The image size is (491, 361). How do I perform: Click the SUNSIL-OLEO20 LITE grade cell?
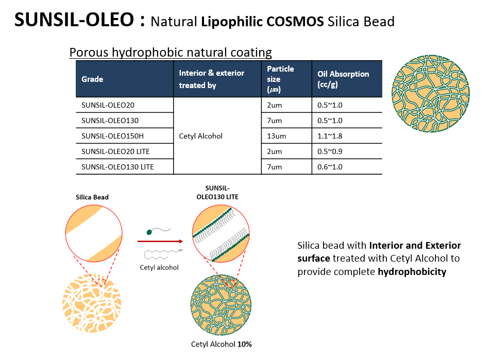[115, 151]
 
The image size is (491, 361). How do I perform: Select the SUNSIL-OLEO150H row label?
[112, 136]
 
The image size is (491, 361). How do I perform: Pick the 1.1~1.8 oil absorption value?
[330, 136]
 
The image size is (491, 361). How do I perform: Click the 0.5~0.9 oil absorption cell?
[330, 151]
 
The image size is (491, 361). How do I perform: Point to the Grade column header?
[92, 79]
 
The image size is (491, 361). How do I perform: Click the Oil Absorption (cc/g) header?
[343, 79]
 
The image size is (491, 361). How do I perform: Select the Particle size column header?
[280, 79]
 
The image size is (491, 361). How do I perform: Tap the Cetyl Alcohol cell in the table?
[201, 136]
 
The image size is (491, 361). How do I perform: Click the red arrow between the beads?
[160, 242]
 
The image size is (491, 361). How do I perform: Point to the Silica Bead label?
[92, 197]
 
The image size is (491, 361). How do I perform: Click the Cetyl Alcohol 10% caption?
[222, 345]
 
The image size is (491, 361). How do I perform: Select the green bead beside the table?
[431, 94]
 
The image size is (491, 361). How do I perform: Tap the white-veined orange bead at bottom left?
[92, 303]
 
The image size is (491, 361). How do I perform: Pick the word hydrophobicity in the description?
[412, 272]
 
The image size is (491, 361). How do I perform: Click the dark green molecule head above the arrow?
[149, 232]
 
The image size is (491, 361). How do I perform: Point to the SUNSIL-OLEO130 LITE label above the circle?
[217, 193]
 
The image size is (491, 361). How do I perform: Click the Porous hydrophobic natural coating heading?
[171, 53]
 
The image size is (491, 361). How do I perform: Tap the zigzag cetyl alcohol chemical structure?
[163, 254]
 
